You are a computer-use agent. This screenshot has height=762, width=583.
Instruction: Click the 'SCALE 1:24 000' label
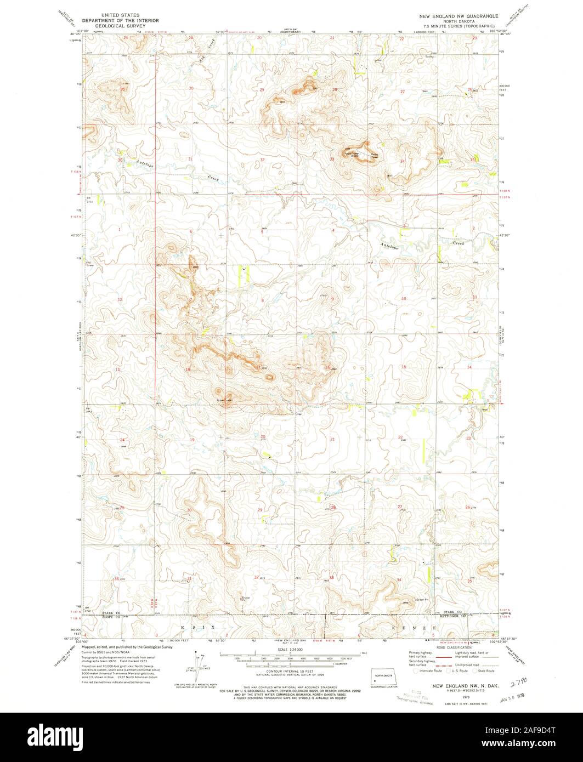coord(290,650)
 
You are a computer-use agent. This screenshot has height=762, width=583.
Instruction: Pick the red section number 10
coord(404,299)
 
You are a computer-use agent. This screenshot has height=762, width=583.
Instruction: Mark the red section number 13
coord(117,370)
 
